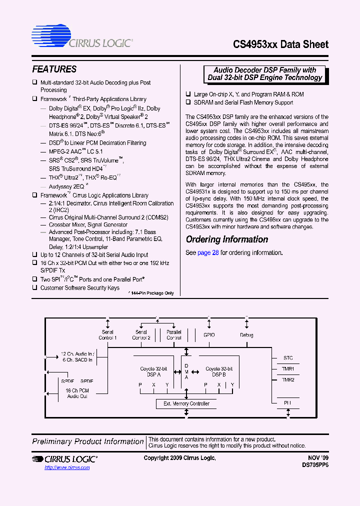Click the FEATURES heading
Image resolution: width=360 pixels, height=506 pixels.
point(54,69)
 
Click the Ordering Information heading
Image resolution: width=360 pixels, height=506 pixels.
point(227,239)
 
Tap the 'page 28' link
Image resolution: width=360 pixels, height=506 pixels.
point(208,252)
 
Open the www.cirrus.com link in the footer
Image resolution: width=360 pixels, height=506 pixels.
point(67,467)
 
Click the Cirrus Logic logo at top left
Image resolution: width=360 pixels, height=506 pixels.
point(82,37)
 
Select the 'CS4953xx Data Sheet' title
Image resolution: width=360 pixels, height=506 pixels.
point(280,44)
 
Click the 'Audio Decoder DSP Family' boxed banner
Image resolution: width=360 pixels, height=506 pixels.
point(265,74)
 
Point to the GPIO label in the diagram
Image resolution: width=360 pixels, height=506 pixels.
point(209,335)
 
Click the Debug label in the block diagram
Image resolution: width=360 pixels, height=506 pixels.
point(246,335)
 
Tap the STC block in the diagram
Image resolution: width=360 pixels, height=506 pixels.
point(288,358)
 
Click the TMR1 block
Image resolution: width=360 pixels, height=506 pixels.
point(288,369)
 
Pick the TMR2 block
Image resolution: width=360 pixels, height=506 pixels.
point(288,380)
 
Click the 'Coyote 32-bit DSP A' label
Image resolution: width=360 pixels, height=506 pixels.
point(150,371)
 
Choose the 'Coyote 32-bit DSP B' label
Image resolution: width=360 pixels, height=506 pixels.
point(219,371)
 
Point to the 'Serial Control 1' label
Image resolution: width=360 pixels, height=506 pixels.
point(107,334)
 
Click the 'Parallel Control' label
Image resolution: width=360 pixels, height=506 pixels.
point(173,334)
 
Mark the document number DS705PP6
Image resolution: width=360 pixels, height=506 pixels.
point(315,464)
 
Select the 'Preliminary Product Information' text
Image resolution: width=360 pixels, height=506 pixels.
point(88,441)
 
